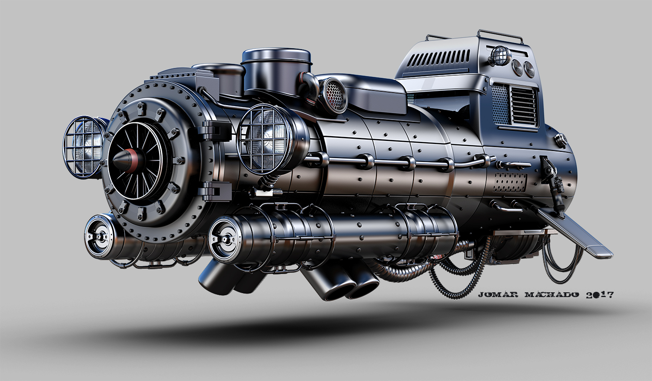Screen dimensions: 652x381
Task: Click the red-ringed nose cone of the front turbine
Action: (x=128, y=160)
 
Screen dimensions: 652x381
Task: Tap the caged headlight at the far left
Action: (x=83, y=147)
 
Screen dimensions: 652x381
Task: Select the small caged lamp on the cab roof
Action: (x=499, y=55)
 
